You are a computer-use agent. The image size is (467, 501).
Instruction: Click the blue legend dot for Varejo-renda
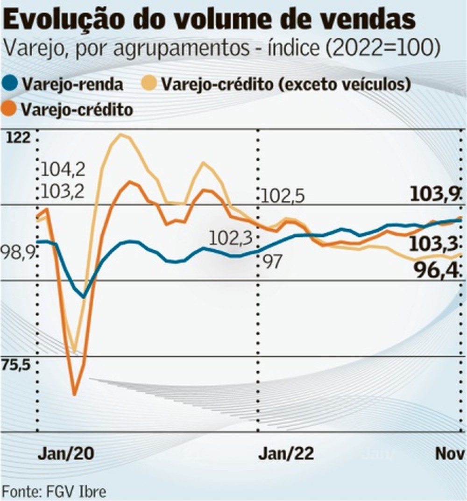(12, 85)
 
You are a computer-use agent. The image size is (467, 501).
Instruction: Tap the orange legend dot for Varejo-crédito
(12, 109)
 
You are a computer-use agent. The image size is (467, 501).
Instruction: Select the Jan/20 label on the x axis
(66, 453)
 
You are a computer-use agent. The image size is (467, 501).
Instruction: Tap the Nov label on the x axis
(451, 453)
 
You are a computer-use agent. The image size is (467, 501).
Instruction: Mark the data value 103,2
(64, 191)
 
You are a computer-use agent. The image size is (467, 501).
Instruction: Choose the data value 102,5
(283, 196)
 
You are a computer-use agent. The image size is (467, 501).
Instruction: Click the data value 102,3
(230, 239)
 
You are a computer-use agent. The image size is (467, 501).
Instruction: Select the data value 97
(273, 262)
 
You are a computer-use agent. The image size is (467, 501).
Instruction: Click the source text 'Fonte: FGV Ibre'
(54, 491)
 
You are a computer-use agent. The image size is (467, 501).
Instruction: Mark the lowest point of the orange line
(74, 395)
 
